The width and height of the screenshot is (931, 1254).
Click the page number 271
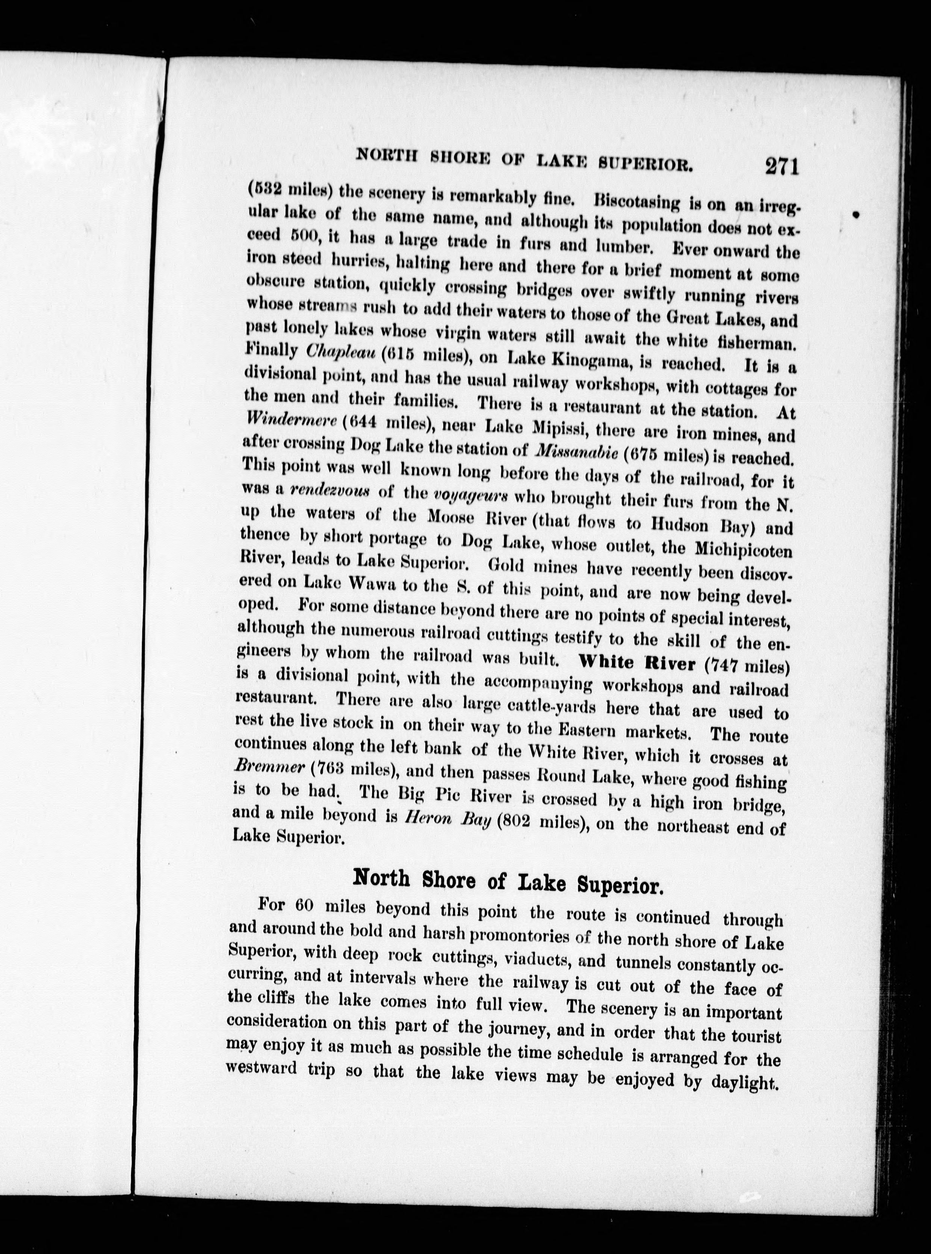[x=782, y=168]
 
